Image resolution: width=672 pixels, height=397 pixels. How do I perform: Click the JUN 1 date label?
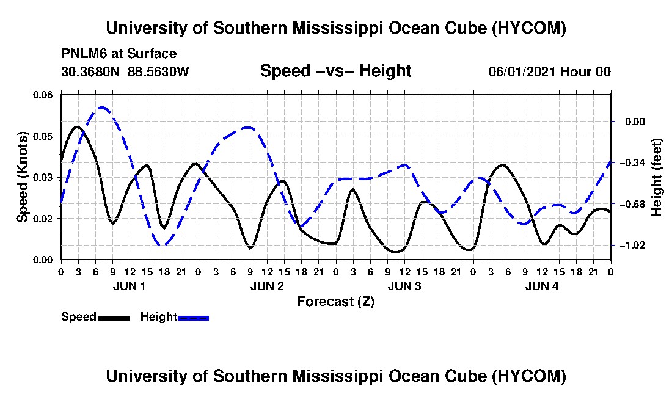pos(129,286)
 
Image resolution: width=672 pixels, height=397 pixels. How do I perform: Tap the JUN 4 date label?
pos(542,286)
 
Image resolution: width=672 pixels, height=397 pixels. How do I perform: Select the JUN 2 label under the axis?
pos(267,286)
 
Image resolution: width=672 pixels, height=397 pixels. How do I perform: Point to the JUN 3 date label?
pos(404,286)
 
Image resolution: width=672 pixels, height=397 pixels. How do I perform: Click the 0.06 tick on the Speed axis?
pos(43,95)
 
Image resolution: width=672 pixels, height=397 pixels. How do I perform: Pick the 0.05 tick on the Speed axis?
pos(43,136)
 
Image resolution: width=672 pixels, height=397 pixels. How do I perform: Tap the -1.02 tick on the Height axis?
pos(632,246)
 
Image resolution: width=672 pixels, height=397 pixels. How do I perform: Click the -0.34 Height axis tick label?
pos(632,163)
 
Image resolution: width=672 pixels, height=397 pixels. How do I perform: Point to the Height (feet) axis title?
pos(657,177)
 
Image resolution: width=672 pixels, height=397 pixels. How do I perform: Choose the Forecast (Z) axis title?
pos(336,302)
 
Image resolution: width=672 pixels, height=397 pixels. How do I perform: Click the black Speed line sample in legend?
pos(114,318)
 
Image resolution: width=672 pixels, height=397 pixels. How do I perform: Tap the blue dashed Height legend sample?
pos(193,318)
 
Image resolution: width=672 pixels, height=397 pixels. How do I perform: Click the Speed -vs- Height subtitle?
pos(335,71)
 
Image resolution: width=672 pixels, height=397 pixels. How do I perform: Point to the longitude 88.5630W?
pos(158,71)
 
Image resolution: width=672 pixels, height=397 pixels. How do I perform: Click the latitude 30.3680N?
pos(90,71)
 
